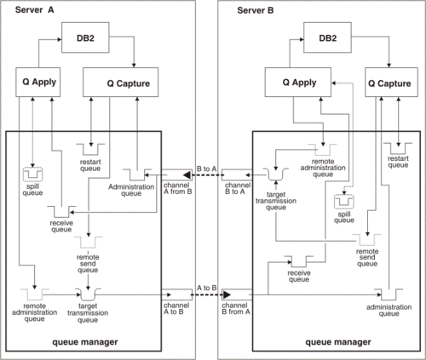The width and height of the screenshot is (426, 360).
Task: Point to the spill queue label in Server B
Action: tap(345, 216)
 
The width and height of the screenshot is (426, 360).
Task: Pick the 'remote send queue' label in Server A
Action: tap(89, 260)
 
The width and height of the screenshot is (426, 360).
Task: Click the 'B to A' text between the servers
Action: tap(205, 169)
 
